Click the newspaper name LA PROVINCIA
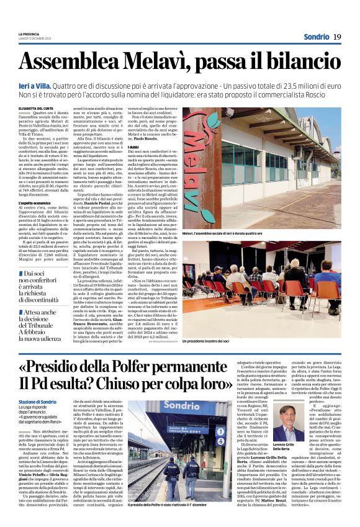click(29, 34)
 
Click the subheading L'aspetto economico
click(34, 204)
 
